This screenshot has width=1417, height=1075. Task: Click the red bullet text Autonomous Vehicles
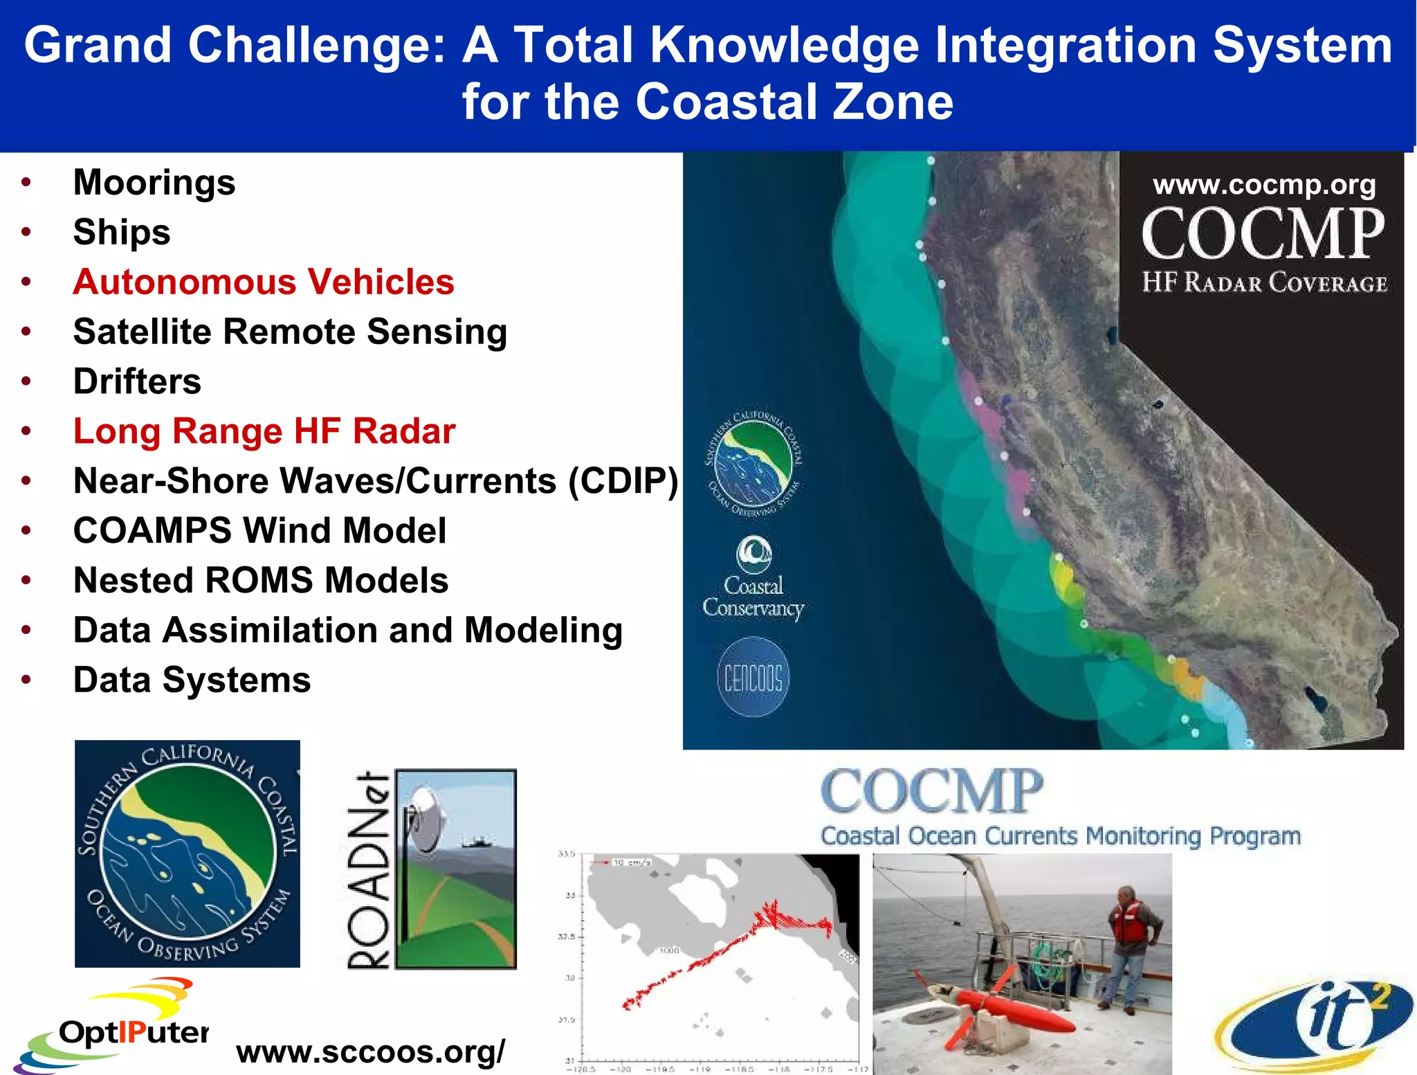coord(264,282)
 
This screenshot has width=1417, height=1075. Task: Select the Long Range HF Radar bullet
coord(264,431)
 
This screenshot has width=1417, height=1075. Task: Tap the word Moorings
coord(154,183)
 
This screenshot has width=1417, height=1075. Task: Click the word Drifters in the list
coord(137,381)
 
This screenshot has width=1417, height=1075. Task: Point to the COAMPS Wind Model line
coord(259,531)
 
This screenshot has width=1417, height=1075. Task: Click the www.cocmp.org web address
coord(1264,185)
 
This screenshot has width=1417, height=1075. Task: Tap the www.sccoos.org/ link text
coord(371,1051)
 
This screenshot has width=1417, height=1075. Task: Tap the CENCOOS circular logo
coord(753,677)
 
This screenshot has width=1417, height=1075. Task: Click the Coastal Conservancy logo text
coord(753,597)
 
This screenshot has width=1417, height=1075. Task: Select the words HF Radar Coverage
coord(1264,283)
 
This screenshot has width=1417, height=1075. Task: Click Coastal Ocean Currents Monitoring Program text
coord(1060,836)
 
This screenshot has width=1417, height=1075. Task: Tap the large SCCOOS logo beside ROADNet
coord(188,853)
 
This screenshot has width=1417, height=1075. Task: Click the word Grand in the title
coord(97,46)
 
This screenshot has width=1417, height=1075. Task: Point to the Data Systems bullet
coord(192,680)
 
